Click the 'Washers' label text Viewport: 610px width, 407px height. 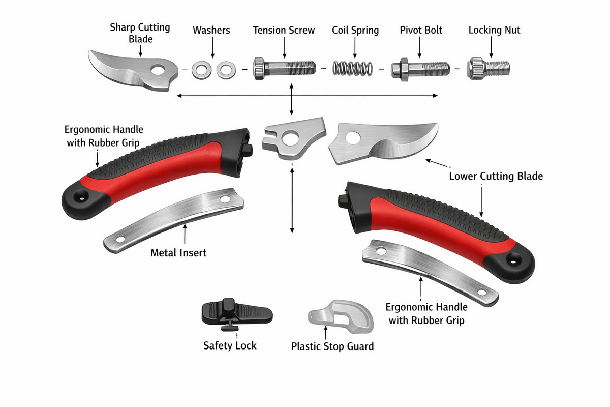211,31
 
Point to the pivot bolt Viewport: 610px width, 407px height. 420,68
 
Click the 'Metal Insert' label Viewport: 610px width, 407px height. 178,252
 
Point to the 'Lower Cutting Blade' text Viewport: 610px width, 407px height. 496,177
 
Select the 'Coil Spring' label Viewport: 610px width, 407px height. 355,31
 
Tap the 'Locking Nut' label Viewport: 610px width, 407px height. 494,31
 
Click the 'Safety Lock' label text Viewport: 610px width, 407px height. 230,345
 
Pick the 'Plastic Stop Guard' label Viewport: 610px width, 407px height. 332,346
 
